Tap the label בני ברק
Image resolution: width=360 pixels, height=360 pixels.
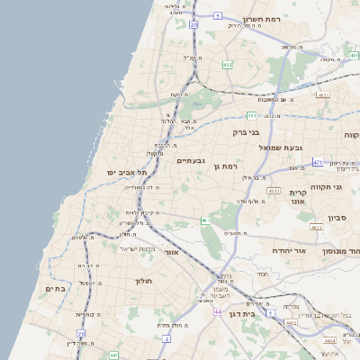[x=246, y=132]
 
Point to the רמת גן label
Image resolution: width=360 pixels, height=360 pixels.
[x=225, y=166]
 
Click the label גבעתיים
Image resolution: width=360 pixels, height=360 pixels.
[x=192, y=160]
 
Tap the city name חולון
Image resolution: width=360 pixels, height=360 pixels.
[x=145, y=281]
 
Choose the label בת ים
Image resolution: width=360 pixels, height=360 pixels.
[x=55, y=289]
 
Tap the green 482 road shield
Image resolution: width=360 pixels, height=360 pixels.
[x=227, y=65]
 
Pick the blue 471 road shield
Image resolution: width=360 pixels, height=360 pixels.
[x=318, y=162]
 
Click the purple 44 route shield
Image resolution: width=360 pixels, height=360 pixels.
[x=218, y=311]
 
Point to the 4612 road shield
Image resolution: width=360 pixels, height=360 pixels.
[x=274, y=190]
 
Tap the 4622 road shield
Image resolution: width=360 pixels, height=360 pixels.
[x=329, y=342]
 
